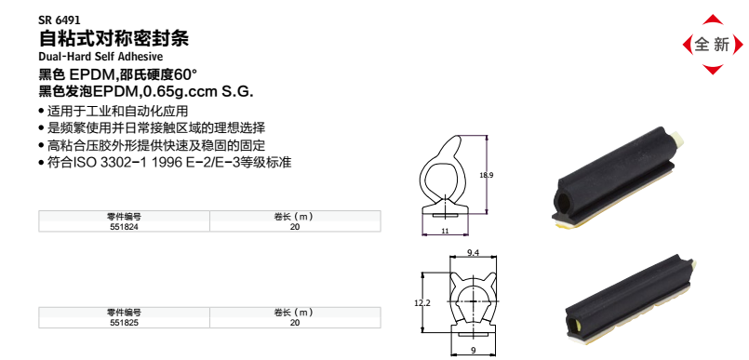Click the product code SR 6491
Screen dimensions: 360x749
tap(59, 18)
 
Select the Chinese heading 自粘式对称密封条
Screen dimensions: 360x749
tap(114, 38)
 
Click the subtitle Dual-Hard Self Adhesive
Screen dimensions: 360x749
tap(99, 58)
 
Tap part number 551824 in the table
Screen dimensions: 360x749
tap(123, 226)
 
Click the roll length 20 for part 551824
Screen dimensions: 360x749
tap(294, 226)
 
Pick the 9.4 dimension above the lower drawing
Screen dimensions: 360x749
tap(472, 253)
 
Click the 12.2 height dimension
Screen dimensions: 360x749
tap(421, 302)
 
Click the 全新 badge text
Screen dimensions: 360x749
tap(712, 44)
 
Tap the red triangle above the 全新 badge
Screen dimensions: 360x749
tap(712, 20)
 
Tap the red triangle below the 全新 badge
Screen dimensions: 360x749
tap(712, 69)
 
